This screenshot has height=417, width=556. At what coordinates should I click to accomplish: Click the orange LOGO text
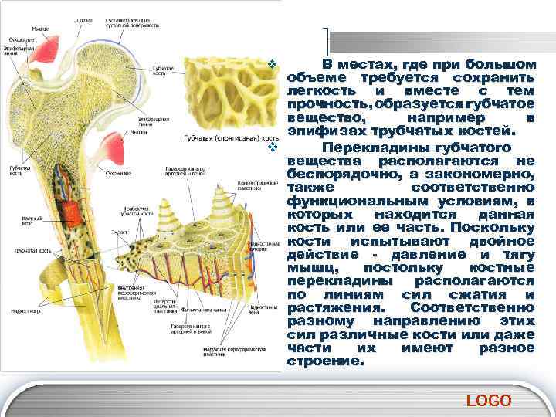(x=490, y=400)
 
